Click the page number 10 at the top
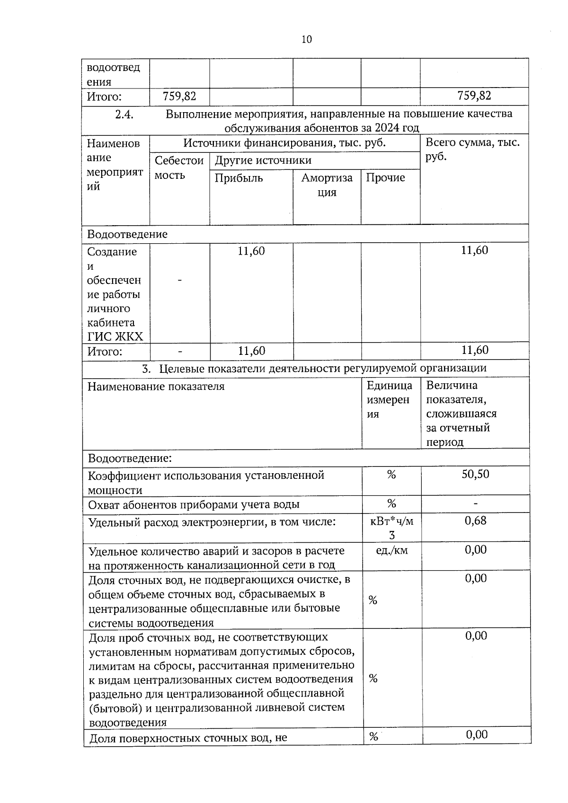point(306,39)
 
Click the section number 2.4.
point(125,114)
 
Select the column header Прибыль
point(239,178)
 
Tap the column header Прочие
point(385,178)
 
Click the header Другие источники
point(263,160)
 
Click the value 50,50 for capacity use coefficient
point(475,474)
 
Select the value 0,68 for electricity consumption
point(475,521)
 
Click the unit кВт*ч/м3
point(391,528)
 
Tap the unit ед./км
point(391,550)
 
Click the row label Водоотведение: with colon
point(130,458)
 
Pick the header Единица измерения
point(389,400)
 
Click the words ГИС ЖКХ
point(115,337)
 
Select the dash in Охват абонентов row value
point(475,503)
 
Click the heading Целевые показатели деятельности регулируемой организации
point(322,368)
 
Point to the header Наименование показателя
point(156,387)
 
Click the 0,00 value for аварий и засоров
point(475,550)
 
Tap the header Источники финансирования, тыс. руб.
point(284,143)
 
